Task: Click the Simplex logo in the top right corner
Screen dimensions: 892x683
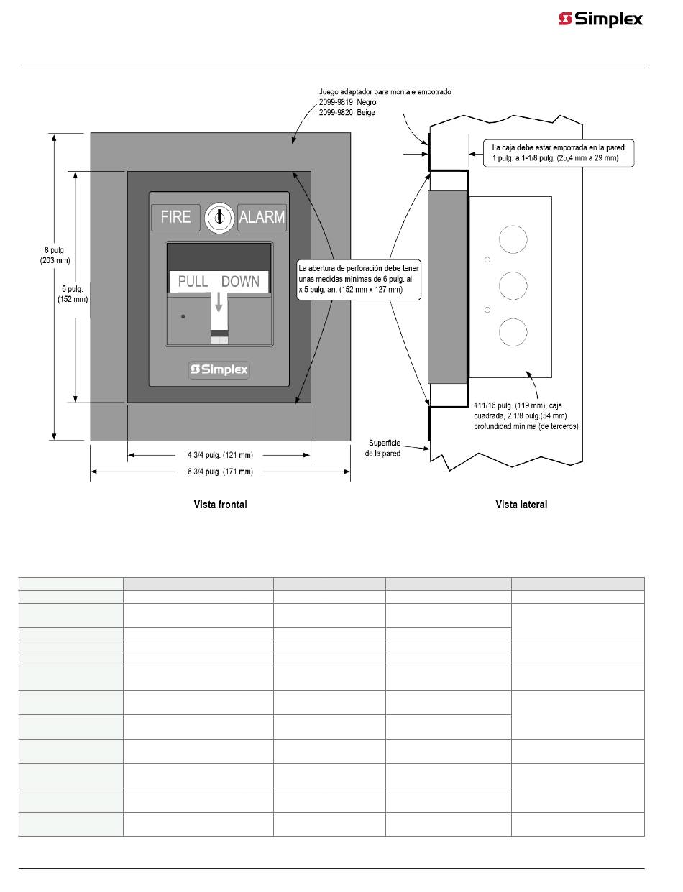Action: pos(600,19)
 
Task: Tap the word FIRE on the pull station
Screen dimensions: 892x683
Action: pos(175,216)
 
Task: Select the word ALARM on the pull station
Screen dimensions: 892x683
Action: pos(262,216)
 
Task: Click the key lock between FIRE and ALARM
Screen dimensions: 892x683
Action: pos(219,216)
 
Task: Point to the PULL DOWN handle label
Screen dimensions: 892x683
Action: pos(219,281)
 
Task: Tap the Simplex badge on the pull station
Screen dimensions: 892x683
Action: pos(219,369)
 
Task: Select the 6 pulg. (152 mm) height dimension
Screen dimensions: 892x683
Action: pos(73,295)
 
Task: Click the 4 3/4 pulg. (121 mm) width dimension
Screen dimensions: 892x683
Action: pos(219,455)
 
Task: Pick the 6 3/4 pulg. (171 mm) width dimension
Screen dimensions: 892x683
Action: pos(219,472)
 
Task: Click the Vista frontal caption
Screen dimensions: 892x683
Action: pos(220,505)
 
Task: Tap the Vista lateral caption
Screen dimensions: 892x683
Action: pos(521,505)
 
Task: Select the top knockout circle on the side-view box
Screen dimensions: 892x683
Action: pos(513,239)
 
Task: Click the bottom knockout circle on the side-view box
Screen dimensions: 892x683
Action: pos(513,332)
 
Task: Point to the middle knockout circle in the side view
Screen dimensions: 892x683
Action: pos(513,285)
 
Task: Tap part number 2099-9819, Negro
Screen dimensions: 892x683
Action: pos(347,102)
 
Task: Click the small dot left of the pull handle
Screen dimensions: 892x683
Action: pos(183,316)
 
